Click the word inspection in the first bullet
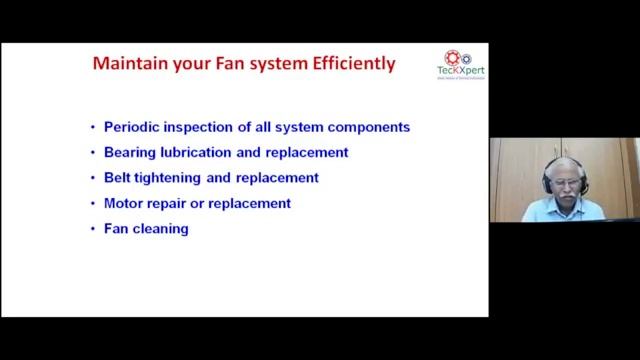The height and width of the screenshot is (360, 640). click(208, 128)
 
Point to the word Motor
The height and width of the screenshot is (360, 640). click(124, 203)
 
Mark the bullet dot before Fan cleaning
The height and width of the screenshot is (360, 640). click(93, 228)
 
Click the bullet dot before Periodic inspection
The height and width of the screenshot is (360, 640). click(93, 128)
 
